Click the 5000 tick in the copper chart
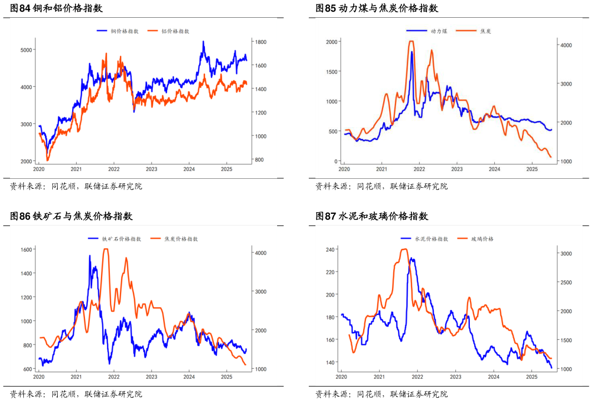click(x=27, y=50)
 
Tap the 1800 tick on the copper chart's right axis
click(x=261, y=42)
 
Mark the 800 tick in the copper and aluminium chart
click(x=259, y=159)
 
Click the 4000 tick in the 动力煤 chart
click(x=566, y=45)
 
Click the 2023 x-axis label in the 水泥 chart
click(x=455, y=377)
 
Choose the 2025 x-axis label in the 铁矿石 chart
click(x=226, y=377)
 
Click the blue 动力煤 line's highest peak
click(x=412, y=52)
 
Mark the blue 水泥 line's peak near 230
click(x=412, y=258)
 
